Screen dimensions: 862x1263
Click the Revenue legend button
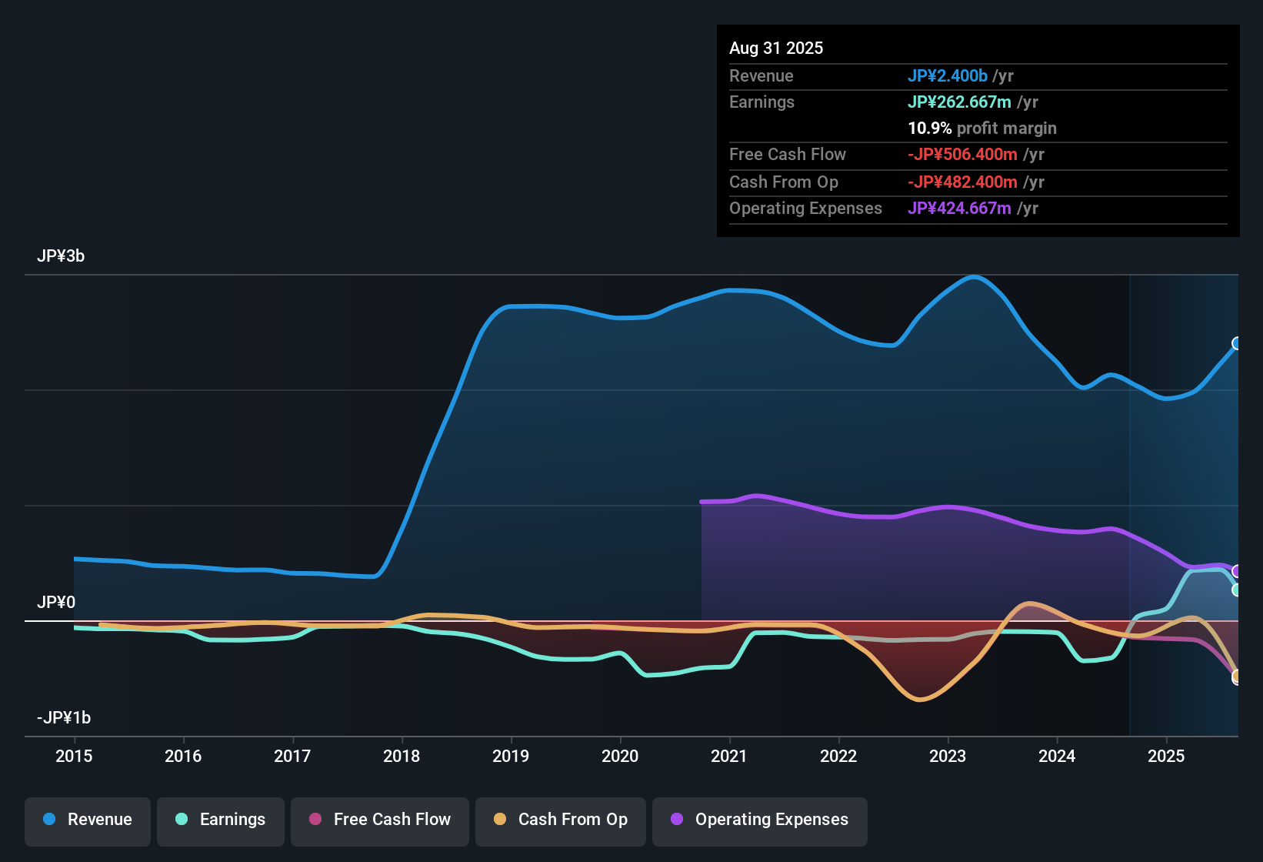[x=88, y=820]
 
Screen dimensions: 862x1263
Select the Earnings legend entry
[x=221, y=820]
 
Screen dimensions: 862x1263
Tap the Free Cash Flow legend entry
[x=380, y=820]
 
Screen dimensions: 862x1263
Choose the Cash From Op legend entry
[x=561, y=820]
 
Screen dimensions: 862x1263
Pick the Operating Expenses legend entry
[x=760, y=820]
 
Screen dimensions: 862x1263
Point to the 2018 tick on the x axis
[x=402, y=756]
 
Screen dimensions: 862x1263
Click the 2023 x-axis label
[x=948, y=756]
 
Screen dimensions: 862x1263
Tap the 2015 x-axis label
[x=74, y=756]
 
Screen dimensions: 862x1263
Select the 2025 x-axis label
[x=1166, y=756]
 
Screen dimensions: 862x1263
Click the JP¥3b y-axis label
[x=61, y=256]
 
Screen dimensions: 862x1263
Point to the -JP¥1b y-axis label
[x=64, y=718]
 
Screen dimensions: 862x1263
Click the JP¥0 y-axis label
[x=56, y=603]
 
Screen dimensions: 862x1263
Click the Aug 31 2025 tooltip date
[x=776, y=48]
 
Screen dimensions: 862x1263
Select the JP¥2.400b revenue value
[x=947, y=76]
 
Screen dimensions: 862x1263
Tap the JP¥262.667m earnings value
[x=959, y=102]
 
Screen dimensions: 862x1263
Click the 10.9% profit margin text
[x=981, y=129]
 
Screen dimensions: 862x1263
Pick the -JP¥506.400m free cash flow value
[x=962, y=155]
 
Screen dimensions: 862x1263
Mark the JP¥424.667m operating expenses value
[x=959, y=209]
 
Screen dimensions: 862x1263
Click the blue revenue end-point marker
[x=1236, y=343]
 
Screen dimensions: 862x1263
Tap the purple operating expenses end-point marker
[x=1236, y=571]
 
